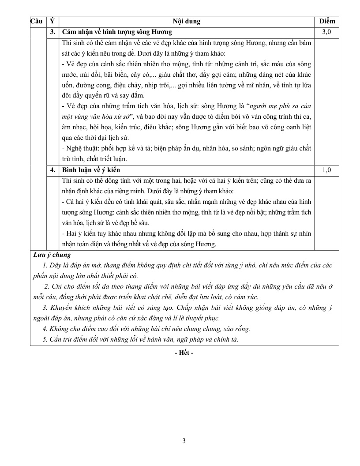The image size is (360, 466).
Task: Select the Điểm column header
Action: pos(327,21)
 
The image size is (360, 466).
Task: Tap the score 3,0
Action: pos(327,32)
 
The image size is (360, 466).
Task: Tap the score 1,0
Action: pos(327,170)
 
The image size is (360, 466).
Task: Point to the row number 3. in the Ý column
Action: pos(53,32)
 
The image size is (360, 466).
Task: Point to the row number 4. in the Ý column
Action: pos(53,170)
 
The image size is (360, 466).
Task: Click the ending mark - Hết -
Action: pos(184,353)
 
